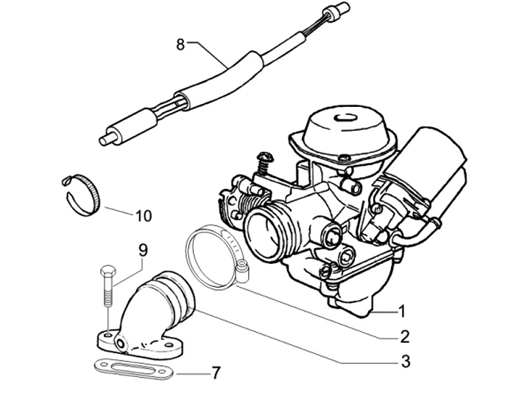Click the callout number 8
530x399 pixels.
pyautogui.click(x=180, y=44)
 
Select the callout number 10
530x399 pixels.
pyautogui.click(x=143, y=216)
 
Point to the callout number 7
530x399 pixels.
pyautogui.click(x=215, y=373)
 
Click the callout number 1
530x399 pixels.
pyautogui.click(x=402, y=310)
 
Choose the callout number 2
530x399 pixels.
pyautogui.click(x=404, y=337)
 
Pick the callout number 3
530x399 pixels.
pyautogui.click(x=405, y=361)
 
